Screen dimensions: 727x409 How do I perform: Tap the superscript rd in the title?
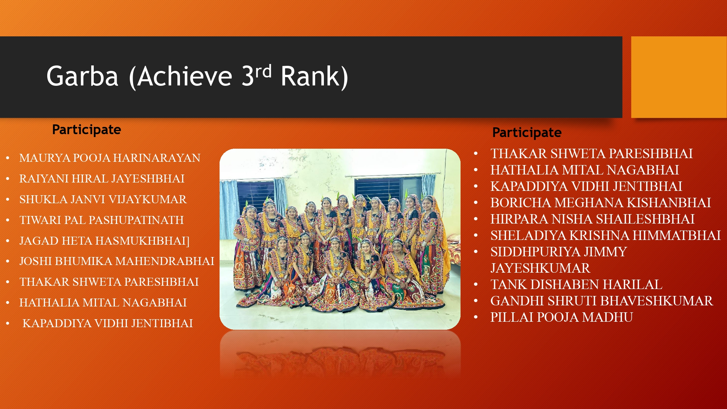click(x=263, y=71)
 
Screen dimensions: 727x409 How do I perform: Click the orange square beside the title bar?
click(x=679, y=77)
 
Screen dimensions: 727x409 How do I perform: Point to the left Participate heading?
click(x=87, y=130)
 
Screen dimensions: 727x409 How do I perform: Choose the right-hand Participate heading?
click(x=527, y=133)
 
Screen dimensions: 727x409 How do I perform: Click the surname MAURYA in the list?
click(x=45, y=158)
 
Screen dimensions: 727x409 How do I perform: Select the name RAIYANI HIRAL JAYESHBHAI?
click(x=102, y=179)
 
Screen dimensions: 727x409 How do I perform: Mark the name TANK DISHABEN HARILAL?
click(x=577, y=285)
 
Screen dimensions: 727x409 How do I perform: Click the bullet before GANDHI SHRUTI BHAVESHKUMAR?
click(x=476, y=301)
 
